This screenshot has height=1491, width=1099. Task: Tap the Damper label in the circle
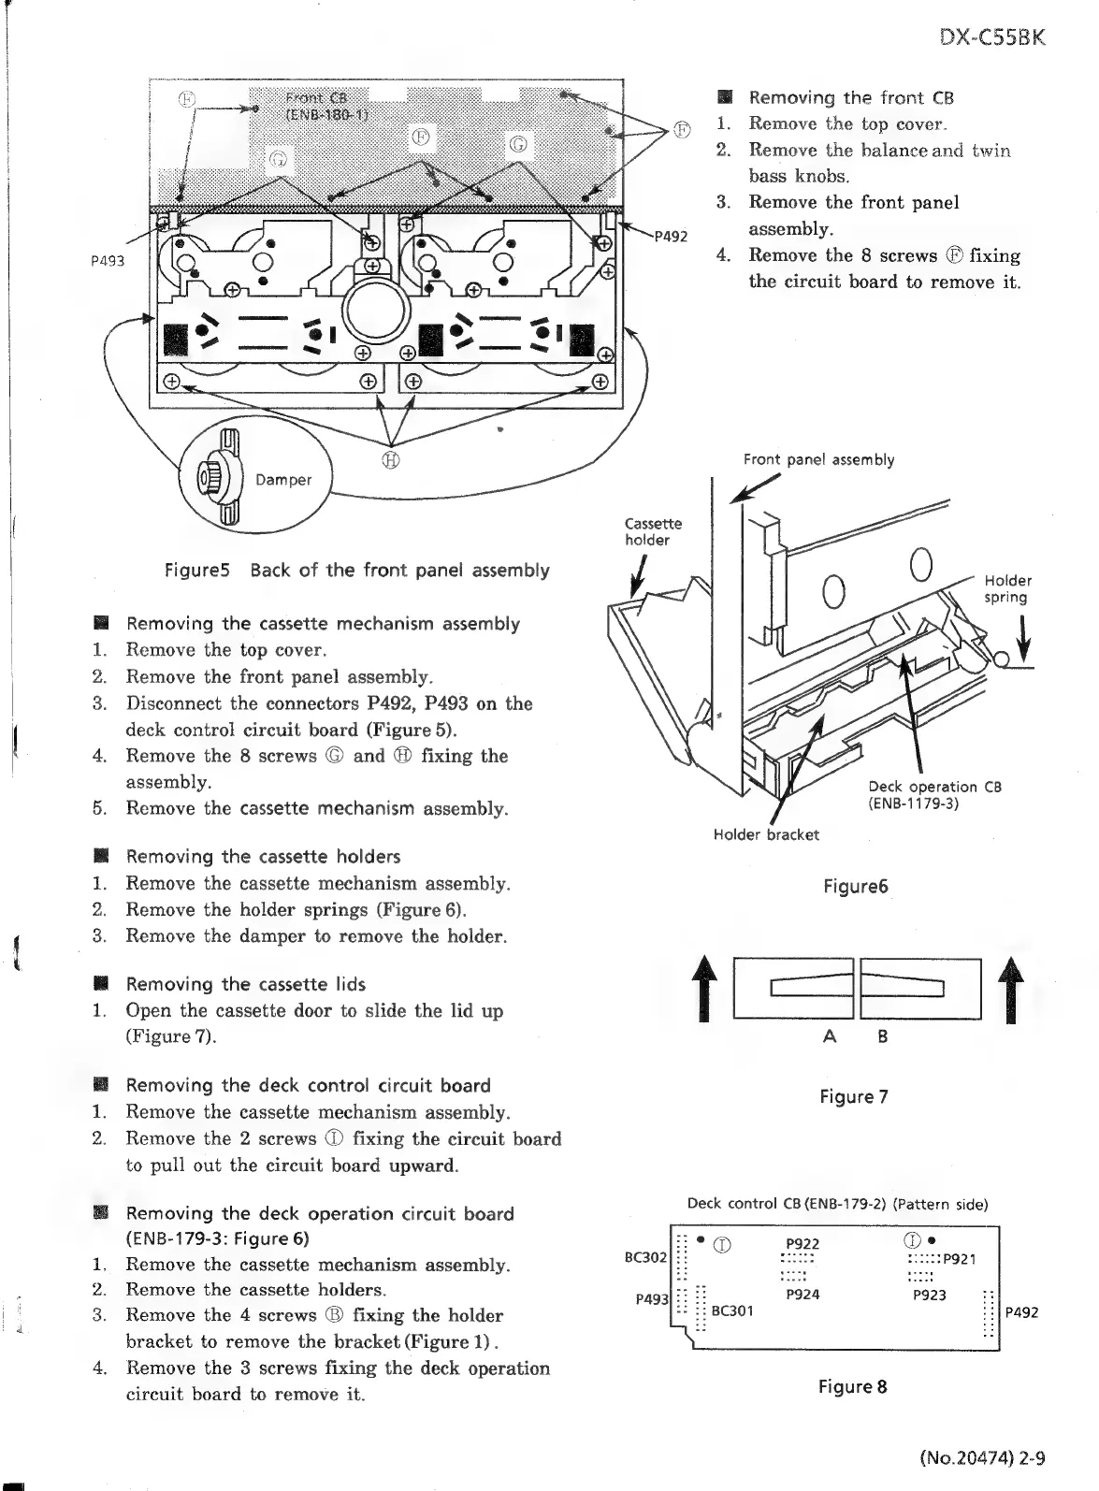(283, 480)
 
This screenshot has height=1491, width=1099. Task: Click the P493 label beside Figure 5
(108, 261)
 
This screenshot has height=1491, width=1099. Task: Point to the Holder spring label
(1006, 589)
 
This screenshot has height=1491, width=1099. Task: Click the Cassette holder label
(654, 531)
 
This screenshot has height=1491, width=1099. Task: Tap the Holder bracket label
(766, 834)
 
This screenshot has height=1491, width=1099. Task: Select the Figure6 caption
(855, 886)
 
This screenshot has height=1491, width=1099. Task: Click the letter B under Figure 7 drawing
(882, 1036)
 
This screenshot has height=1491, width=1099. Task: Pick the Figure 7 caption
(853, 1096)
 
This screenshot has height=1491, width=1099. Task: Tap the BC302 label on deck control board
(645, 1257)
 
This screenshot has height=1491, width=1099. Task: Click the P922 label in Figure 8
(803, 1243)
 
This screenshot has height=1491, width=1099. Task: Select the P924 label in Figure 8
(803, 1295)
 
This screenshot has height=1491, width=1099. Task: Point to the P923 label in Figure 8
(929, 1296)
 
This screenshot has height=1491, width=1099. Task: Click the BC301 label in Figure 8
(732, 1310)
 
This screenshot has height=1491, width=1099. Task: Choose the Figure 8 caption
(852, 1386)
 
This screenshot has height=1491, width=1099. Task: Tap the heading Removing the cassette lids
(245, 984)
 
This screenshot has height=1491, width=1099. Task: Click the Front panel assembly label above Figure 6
(818, 459)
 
